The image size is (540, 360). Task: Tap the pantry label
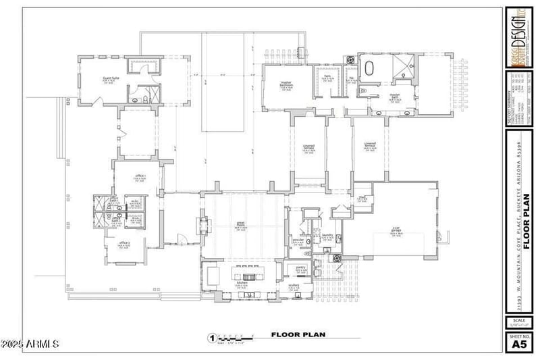click(x=300, y=267)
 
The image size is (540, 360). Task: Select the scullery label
click(x=294, y=286)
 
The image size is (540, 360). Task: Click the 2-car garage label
click(x=397, y=230)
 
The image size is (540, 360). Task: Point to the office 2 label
click(x=124, y=243)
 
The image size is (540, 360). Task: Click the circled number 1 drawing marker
click(x=211, y=338)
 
